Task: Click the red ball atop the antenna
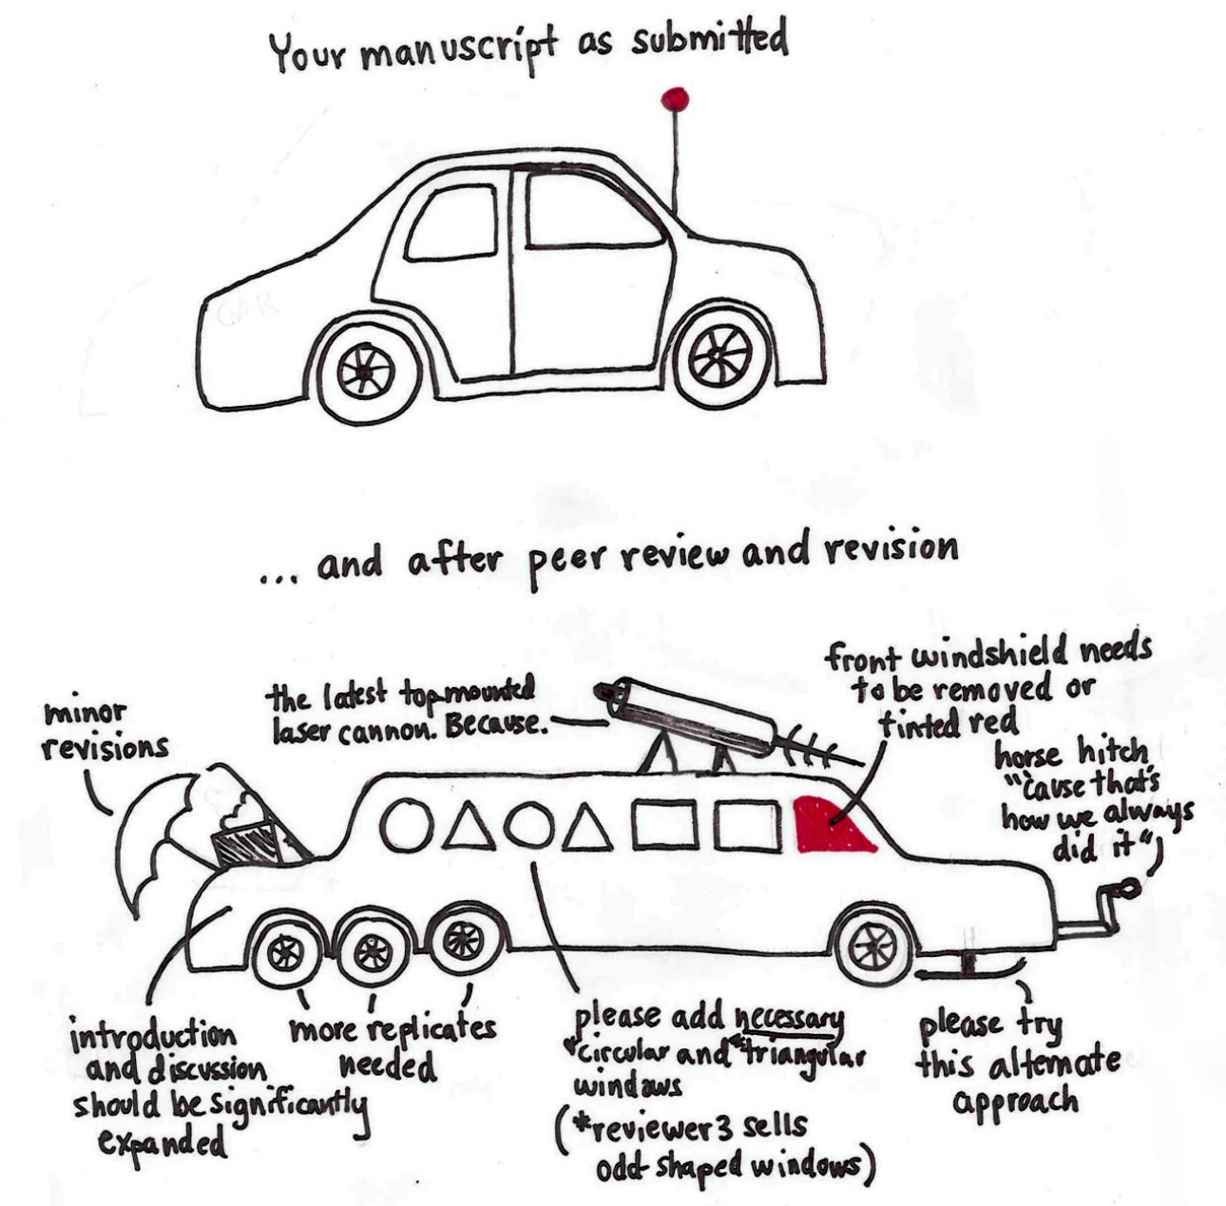click(x=675, y=98)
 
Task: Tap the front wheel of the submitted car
click(x=720, y=356)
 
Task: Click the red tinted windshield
click(x=832, y=825)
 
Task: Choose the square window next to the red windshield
click(x=748, y=825)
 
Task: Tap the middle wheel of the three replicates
click(x=372, y=949)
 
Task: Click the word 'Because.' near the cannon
click(x=491, y=726)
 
